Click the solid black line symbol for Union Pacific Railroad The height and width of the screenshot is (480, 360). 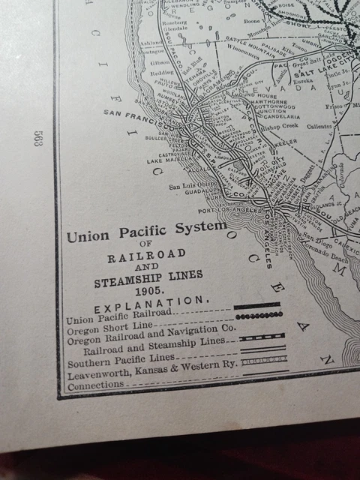[257, 305]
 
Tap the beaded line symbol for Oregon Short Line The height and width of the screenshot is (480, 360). [259, 316]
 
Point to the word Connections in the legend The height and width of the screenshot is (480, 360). [95, 385]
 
